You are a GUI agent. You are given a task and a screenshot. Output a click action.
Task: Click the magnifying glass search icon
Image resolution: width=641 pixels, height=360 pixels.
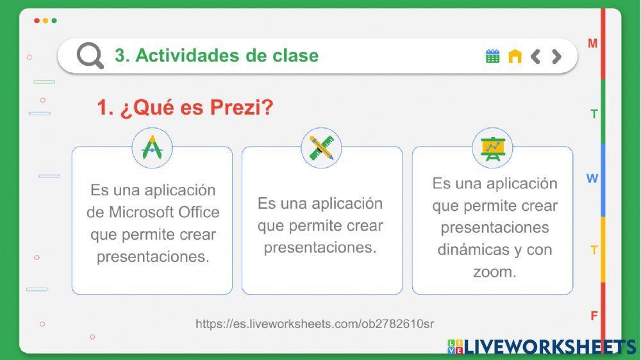[x=90, y=56]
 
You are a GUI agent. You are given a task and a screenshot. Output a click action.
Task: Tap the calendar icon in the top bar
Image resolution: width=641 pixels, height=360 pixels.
[x=492, y=56]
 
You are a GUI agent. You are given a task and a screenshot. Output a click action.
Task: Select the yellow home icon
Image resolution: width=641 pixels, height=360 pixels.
[x=515, y=56]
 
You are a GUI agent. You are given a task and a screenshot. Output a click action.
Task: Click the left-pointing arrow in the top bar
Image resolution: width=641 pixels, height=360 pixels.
[x=536, y=56]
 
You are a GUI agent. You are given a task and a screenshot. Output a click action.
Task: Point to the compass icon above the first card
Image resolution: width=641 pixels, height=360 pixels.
[x=153, y=148]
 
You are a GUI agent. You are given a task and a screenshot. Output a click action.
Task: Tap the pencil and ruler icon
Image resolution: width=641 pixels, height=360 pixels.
[x=321, y=148]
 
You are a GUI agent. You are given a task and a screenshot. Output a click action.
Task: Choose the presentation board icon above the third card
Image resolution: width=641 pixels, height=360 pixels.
[x=492, y=148]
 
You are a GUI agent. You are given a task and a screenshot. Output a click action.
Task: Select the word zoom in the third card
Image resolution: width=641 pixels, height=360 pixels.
[x=494, y=272]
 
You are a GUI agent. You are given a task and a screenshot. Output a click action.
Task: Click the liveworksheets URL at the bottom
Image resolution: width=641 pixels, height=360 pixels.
[x=314, y=323]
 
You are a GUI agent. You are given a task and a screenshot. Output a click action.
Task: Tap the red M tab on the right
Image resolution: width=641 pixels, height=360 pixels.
[x=593, y=44]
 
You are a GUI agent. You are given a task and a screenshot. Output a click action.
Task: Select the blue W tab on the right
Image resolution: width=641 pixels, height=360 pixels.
[x=592, y=179]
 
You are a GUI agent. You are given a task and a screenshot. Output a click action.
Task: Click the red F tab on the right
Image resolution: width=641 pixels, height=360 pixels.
[x=594, y=316]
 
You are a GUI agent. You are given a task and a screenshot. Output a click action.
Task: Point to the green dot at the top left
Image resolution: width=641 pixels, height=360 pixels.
[x=54, y=20]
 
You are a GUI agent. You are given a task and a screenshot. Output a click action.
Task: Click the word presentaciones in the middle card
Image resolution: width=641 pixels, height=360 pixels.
[x=320, y=247]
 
